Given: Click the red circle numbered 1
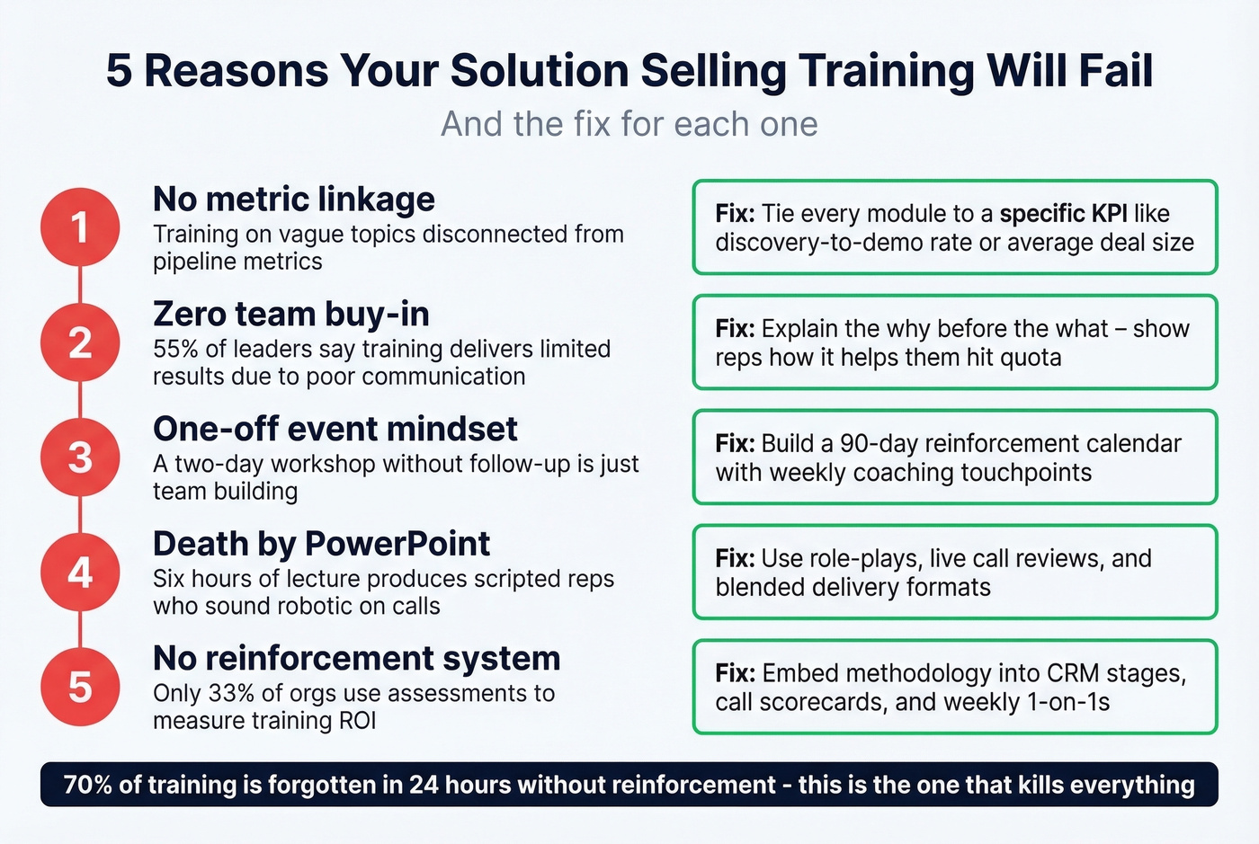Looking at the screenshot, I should (80, 227).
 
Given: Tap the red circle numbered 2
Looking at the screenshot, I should (80, 342).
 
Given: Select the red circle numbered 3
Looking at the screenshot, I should (80, 458).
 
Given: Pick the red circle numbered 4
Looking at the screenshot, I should (80, 573).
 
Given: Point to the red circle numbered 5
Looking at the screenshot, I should (80, 687).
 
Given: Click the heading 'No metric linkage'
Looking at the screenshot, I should (294, 199).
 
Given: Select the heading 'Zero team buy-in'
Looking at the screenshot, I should (291, 314).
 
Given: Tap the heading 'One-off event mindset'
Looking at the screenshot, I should (335, 429).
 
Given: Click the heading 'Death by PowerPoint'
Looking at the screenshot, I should (322, 544).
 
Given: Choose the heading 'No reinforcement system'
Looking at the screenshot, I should (357, 658).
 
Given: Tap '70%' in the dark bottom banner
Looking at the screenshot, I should (87, 785).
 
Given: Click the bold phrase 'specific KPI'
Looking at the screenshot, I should (1063, 214).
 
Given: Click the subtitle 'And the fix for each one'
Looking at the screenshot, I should (629, 124).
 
